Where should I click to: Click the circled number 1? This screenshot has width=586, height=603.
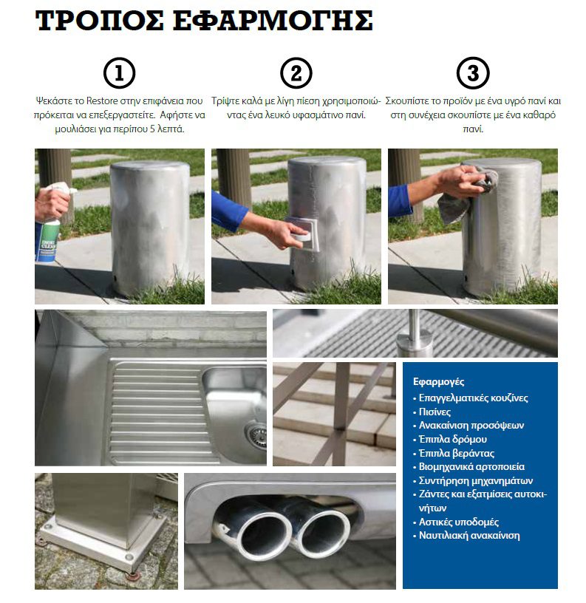tap(119, 73)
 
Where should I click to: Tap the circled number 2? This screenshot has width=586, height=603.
tap(296, 73)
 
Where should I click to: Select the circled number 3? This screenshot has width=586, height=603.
tap(473, 73)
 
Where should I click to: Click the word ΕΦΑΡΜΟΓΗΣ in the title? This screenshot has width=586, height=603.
tap(273, 21)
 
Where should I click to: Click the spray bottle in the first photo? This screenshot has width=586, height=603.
tap(50, 222)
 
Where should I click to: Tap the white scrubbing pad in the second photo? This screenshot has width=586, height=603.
tap(301, 233)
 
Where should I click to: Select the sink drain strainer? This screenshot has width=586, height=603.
tap(257, 435)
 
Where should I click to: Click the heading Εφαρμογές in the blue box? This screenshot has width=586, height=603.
tap(438, 382)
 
